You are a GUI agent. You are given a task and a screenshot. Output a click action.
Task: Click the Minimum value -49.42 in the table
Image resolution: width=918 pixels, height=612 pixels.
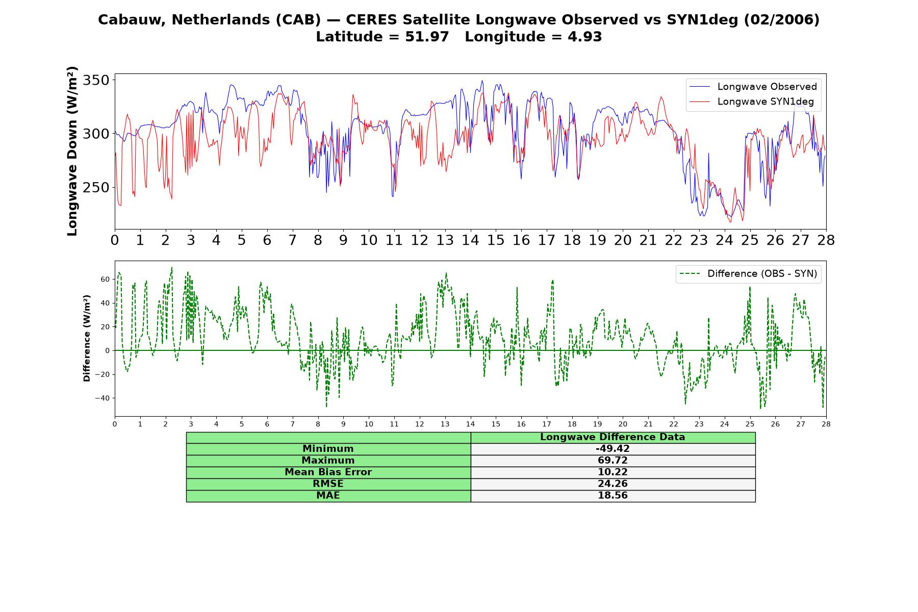click(613, 449)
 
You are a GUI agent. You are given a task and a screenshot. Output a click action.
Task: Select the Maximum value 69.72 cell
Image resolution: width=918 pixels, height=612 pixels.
click(613, 461)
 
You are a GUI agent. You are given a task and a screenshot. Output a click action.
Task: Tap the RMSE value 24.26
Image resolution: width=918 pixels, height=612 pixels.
click(613, 484)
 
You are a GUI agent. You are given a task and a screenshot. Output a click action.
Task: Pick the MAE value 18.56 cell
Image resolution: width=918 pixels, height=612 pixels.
click(613, 496)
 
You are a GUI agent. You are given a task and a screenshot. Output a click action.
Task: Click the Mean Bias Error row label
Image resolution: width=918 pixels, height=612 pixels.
click(328, 472)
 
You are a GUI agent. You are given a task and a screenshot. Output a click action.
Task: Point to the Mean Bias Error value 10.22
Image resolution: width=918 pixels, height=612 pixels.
click(613, 472)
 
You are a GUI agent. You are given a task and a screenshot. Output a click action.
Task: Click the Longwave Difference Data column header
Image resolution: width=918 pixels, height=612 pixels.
click(613, 437)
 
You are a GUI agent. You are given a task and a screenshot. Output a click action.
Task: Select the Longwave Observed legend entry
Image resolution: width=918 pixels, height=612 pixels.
click(753, 87)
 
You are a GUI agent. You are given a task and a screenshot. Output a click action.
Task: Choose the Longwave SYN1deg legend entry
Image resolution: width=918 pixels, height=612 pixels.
click(752, 101)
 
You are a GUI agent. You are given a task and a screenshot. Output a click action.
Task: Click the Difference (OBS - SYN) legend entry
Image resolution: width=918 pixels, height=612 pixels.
click(748, 274)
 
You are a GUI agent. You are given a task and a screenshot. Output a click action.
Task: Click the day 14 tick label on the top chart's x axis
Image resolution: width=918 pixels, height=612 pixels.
click(470, 240)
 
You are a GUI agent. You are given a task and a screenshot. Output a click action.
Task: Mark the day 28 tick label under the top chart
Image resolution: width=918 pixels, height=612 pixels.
click(826, 240)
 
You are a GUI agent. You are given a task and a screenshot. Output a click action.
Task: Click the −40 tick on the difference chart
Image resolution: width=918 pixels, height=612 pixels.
click(103, 398)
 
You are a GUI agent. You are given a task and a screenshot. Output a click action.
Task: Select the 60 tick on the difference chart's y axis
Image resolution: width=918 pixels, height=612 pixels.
click(106, 279)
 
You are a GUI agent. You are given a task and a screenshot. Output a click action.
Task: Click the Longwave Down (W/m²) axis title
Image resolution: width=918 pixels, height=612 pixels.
click(72, 151)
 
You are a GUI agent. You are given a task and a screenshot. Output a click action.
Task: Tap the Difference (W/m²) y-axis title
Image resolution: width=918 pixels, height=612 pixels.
click(87, 338)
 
